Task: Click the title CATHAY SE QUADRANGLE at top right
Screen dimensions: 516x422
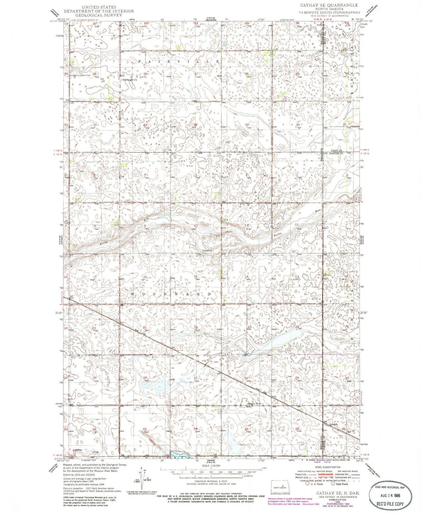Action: (329, 5)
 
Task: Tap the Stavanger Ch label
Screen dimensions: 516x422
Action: (130, 80)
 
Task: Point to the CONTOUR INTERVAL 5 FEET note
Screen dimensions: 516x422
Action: (211, 483)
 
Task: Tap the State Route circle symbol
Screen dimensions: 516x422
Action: (333, 484)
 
